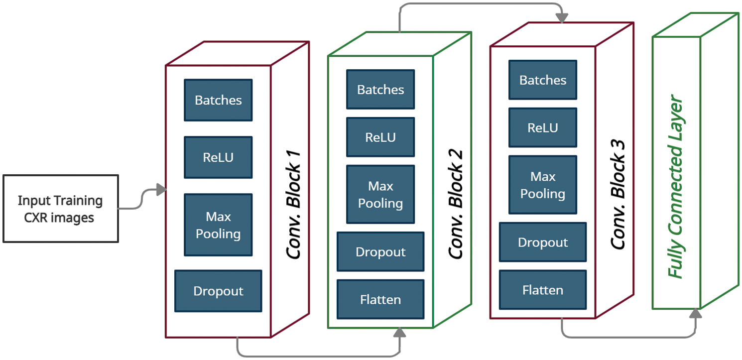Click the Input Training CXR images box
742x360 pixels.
pos(60,209)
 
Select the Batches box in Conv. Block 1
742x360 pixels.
pos(218,100)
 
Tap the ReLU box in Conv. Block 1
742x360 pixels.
pos(218,157)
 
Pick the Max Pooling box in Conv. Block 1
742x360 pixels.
pos(218,225)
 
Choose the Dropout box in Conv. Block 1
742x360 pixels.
pos(218,291)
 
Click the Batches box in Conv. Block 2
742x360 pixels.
pos(380,90)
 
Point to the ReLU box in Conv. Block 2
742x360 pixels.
pos(380,137)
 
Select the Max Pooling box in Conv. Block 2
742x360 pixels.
pos(380,195)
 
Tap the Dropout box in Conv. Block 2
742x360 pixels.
pos(380,251)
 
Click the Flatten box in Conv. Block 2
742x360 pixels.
pos(380,299)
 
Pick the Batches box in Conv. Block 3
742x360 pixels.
pos(543,80)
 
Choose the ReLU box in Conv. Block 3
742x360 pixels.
pos(543,127)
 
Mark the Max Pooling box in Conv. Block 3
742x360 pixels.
pos(543,185)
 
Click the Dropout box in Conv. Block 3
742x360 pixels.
pos(543,242)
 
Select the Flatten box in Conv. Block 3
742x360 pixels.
pos(543,290)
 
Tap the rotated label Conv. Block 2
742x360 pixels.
pos(456,204)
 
